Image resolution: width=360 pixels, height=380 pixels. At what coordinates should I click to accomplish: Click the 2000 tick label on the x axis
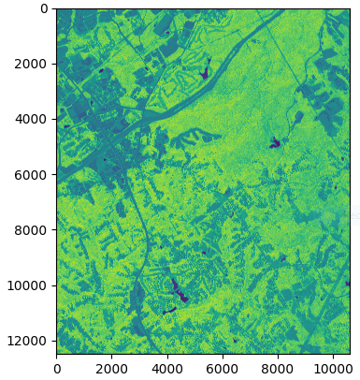point(111,370)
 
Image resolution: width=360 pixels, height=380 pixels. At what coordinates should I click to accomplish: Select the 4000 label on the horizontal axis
point(166,370)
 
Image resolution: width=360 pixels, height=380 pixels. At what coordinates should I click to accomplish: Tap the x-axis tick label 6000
point(223,370)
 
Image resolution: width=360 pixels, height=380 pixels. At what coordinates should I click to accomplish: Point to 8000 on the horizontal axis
point(278,370)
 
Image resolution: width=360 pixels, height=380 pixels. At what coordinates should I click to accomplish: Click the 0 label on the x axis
point(56,370)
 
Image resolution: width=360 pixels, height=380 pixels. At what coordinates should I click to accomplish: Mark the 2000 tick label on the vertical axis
point(35,64)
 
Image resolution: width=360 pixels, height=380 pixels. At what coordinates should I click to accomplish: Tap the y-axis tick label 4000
point(35,119)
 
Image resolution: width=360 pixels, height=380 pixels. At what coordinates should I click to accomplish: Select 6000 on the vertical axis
point(35,174)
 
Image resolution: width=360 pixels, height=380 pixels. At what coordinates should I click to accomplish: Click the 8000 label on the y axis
point(35,230)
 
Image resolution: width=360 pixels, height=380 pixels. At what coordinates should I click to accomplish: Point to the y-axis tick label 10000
point(32,285)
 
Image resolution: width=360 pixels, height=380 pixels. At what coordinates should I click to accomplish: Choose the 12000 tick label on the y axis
point(32,341)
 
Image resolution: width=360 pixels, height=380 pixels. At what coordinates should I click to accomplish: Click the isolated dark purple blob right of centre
point(275,143)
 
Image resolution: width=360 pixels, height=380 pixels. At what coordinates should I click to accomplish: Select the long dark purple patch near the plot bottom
point(179,289)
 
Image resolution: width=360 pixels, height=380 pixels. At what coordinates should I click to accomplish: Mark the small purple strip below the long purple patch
point(169,310)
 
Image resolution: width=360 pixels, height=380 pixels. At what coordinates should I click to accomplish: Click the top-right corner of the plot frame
point(349,8)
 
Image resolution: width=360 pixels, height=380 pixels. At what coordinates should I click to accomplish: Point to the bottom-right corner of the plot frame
point(349,354)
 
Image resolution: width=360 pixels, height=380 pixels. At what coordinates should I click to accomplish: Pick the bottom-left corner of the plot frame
point(56,354)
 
